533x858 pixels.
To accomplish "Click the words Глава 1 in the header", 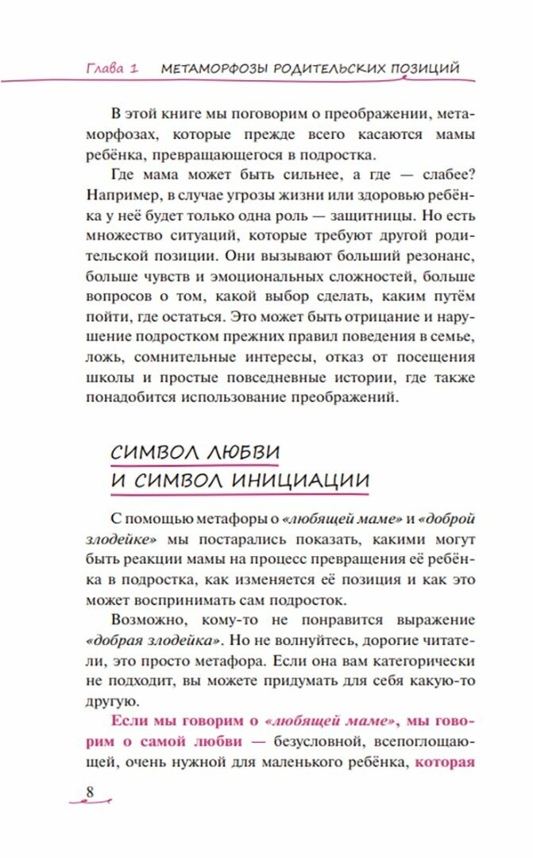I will click(x=112, y=68).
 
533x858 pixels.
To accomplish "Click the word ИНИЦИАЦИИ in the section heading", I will click(x=299, y=481).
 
